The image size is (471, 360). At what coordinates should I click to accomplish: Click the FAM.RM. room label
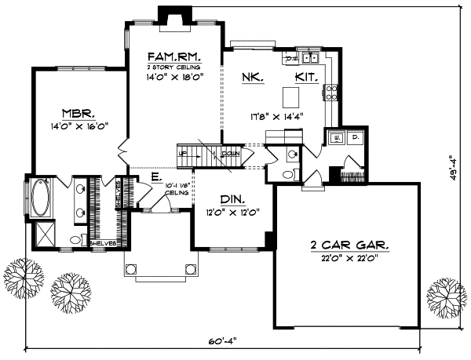coord(175,57)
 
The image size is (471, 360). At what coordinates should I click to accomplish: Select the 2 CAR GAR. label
coord(351,246)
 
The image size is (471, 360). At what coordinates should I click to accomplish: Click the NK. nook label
coord(254,78)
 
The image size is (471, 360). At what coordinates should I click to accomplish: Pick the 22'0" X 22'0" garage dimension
coord(351,260)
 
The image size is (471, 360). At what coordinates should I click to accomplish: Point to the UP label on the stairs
coord(184,154)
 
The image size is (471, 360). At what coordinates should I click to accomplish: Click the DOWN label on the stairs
coord(231,154)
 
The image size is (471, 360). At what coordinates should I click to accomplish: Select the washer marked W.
coord(338,137)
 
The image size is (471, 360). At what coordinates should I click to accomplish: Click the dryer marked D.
coord(356,137)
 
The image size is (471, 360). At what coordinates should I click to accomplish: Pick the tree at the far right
coord(446,296)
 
